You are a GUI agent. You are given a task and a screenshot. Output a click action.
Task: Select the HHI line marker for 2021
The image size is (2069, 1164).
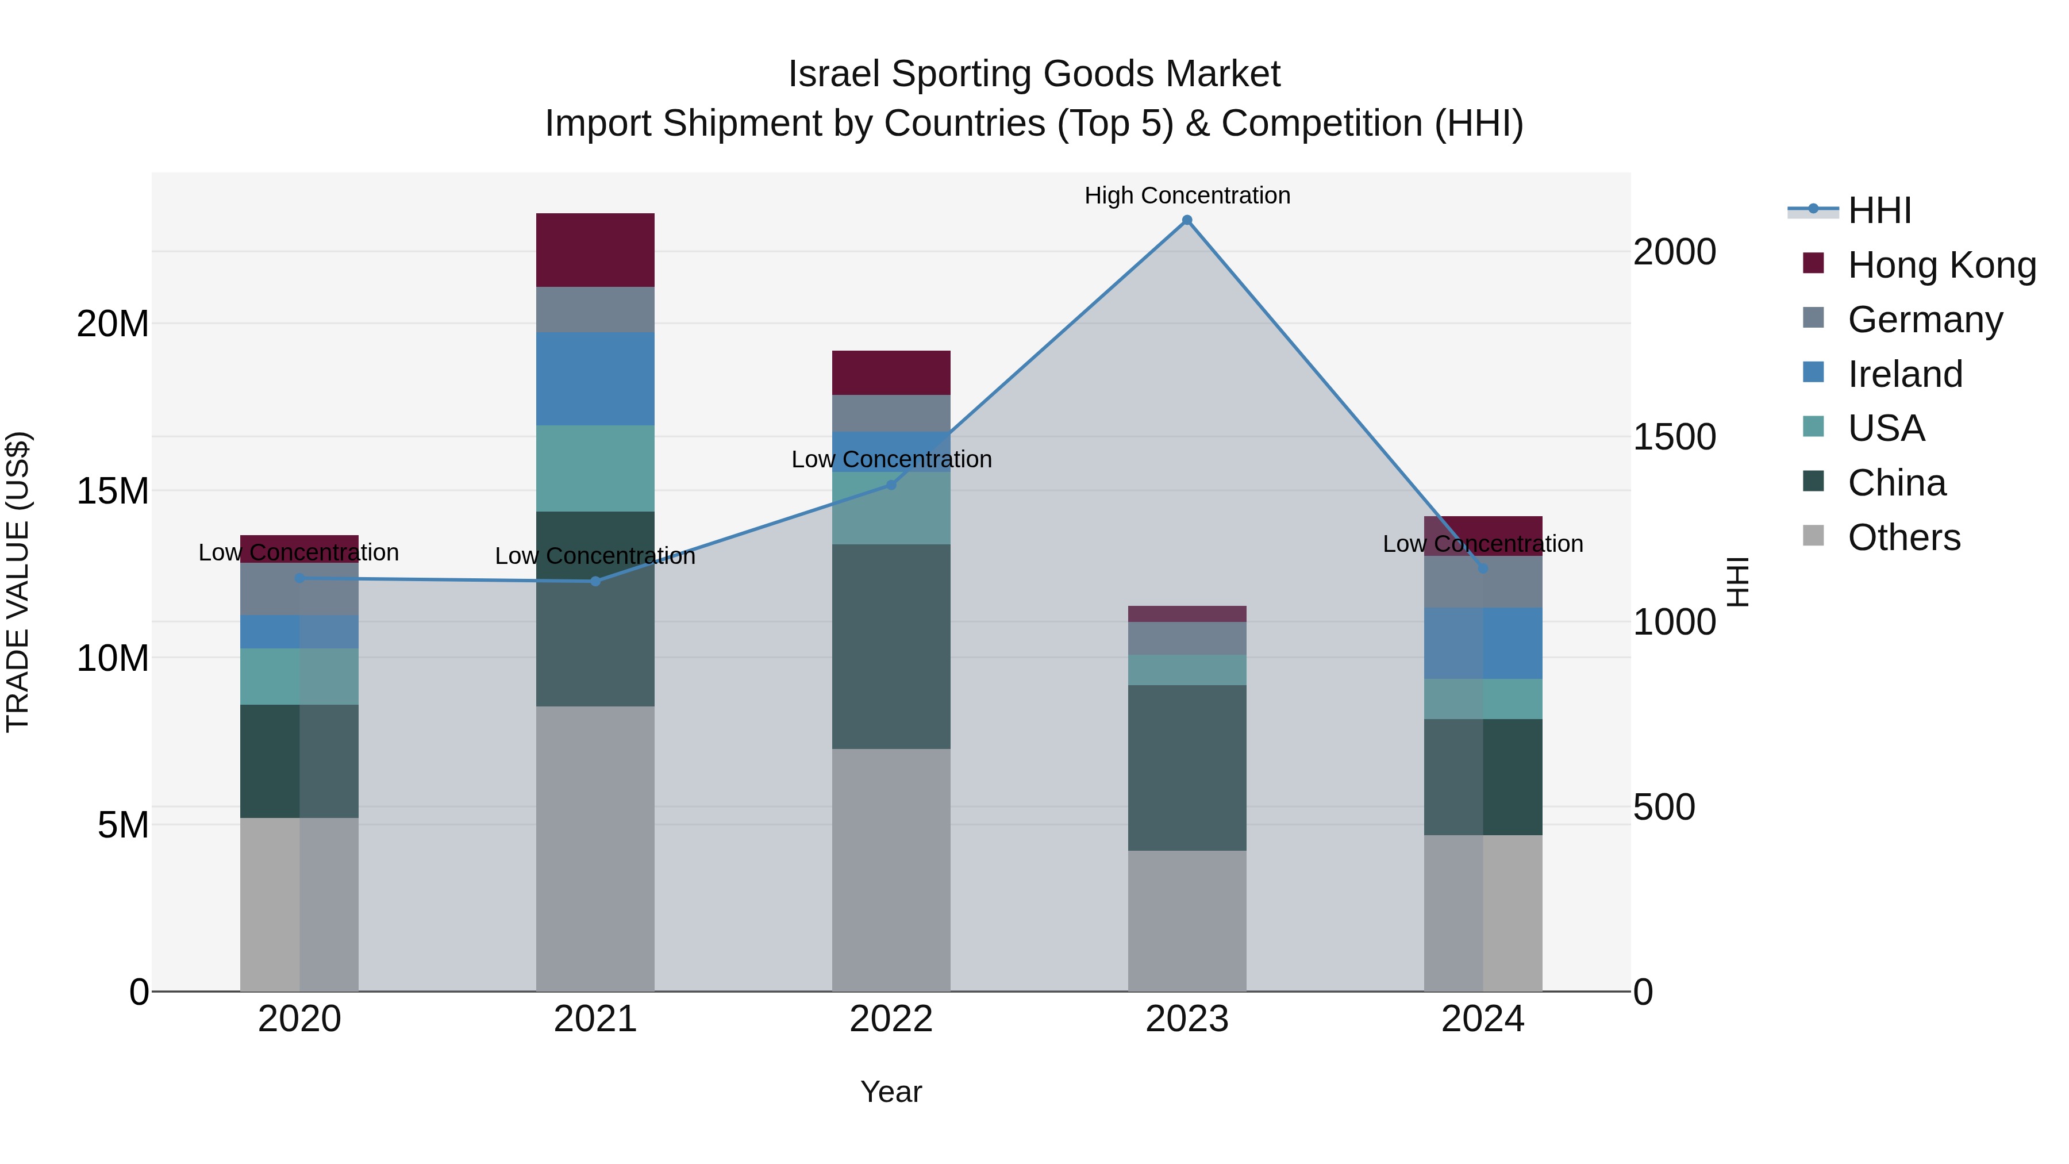point(595,581)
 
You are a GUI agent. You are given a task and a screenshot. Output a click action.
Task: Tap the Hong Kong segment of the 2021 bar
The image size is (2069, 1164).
point(595,250)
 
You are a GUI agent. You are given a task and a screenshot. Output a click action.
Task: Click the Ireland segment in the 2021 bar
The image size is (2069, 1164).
point(595,378)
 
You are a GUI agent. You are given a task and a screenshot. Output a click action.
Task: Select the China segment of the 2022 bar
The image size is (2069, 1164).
point(891,647)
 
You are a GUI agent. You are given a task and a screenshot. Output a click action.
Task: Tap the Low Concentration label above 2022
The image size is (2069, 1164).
point(891,459)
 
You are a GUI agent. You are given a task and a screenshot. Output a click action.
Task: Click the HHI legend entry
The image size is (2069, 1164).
point(1879,210)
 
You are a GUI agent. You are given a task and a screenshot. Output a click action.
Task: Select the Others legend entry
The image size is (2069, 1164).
point(1903,537)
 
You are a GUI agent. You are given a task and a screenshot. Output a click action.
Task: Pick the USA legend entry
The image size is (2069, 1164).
point(1886,428)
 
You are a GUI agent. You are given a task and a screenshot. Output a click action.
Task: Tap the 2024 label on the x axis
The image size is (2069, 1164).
point(1483,1019)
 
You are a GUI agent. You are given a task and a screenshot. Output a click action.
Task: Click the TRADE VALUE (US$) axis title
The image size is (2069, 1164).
point(18,582)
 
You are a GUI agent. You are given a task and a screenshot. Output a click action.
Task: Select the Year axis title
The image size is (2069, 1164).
point(891,1092)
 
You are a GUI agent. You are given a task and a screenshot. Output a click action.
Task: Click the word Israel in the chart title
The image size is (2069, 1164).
point(834,74)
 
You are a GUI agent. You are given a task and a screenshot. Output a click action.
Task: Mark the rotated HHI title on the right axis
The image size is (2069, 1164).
point(1738,582)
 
